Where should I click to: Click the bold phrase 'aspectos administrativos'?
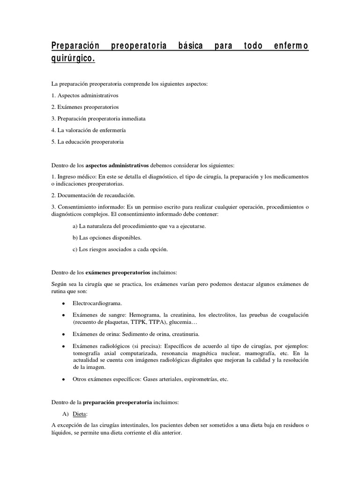pos(117,165)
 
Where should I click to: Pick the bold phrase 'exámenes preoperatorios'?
pos(118,272)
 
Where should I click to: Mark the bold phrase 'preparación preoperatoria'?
pos(117,402)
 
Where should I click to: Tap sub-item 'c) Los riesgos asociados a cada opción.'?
pos(120,249)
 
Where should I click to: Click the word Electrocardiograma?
pos(97,303)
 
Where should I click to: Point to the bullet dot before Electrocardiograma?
pos(63,304)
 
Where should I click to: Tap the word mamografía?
pos(263,352)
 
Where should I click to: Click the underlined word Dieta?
pos(80,414)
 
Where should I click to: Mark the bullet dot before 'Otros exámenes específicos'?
pos(63,379)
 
